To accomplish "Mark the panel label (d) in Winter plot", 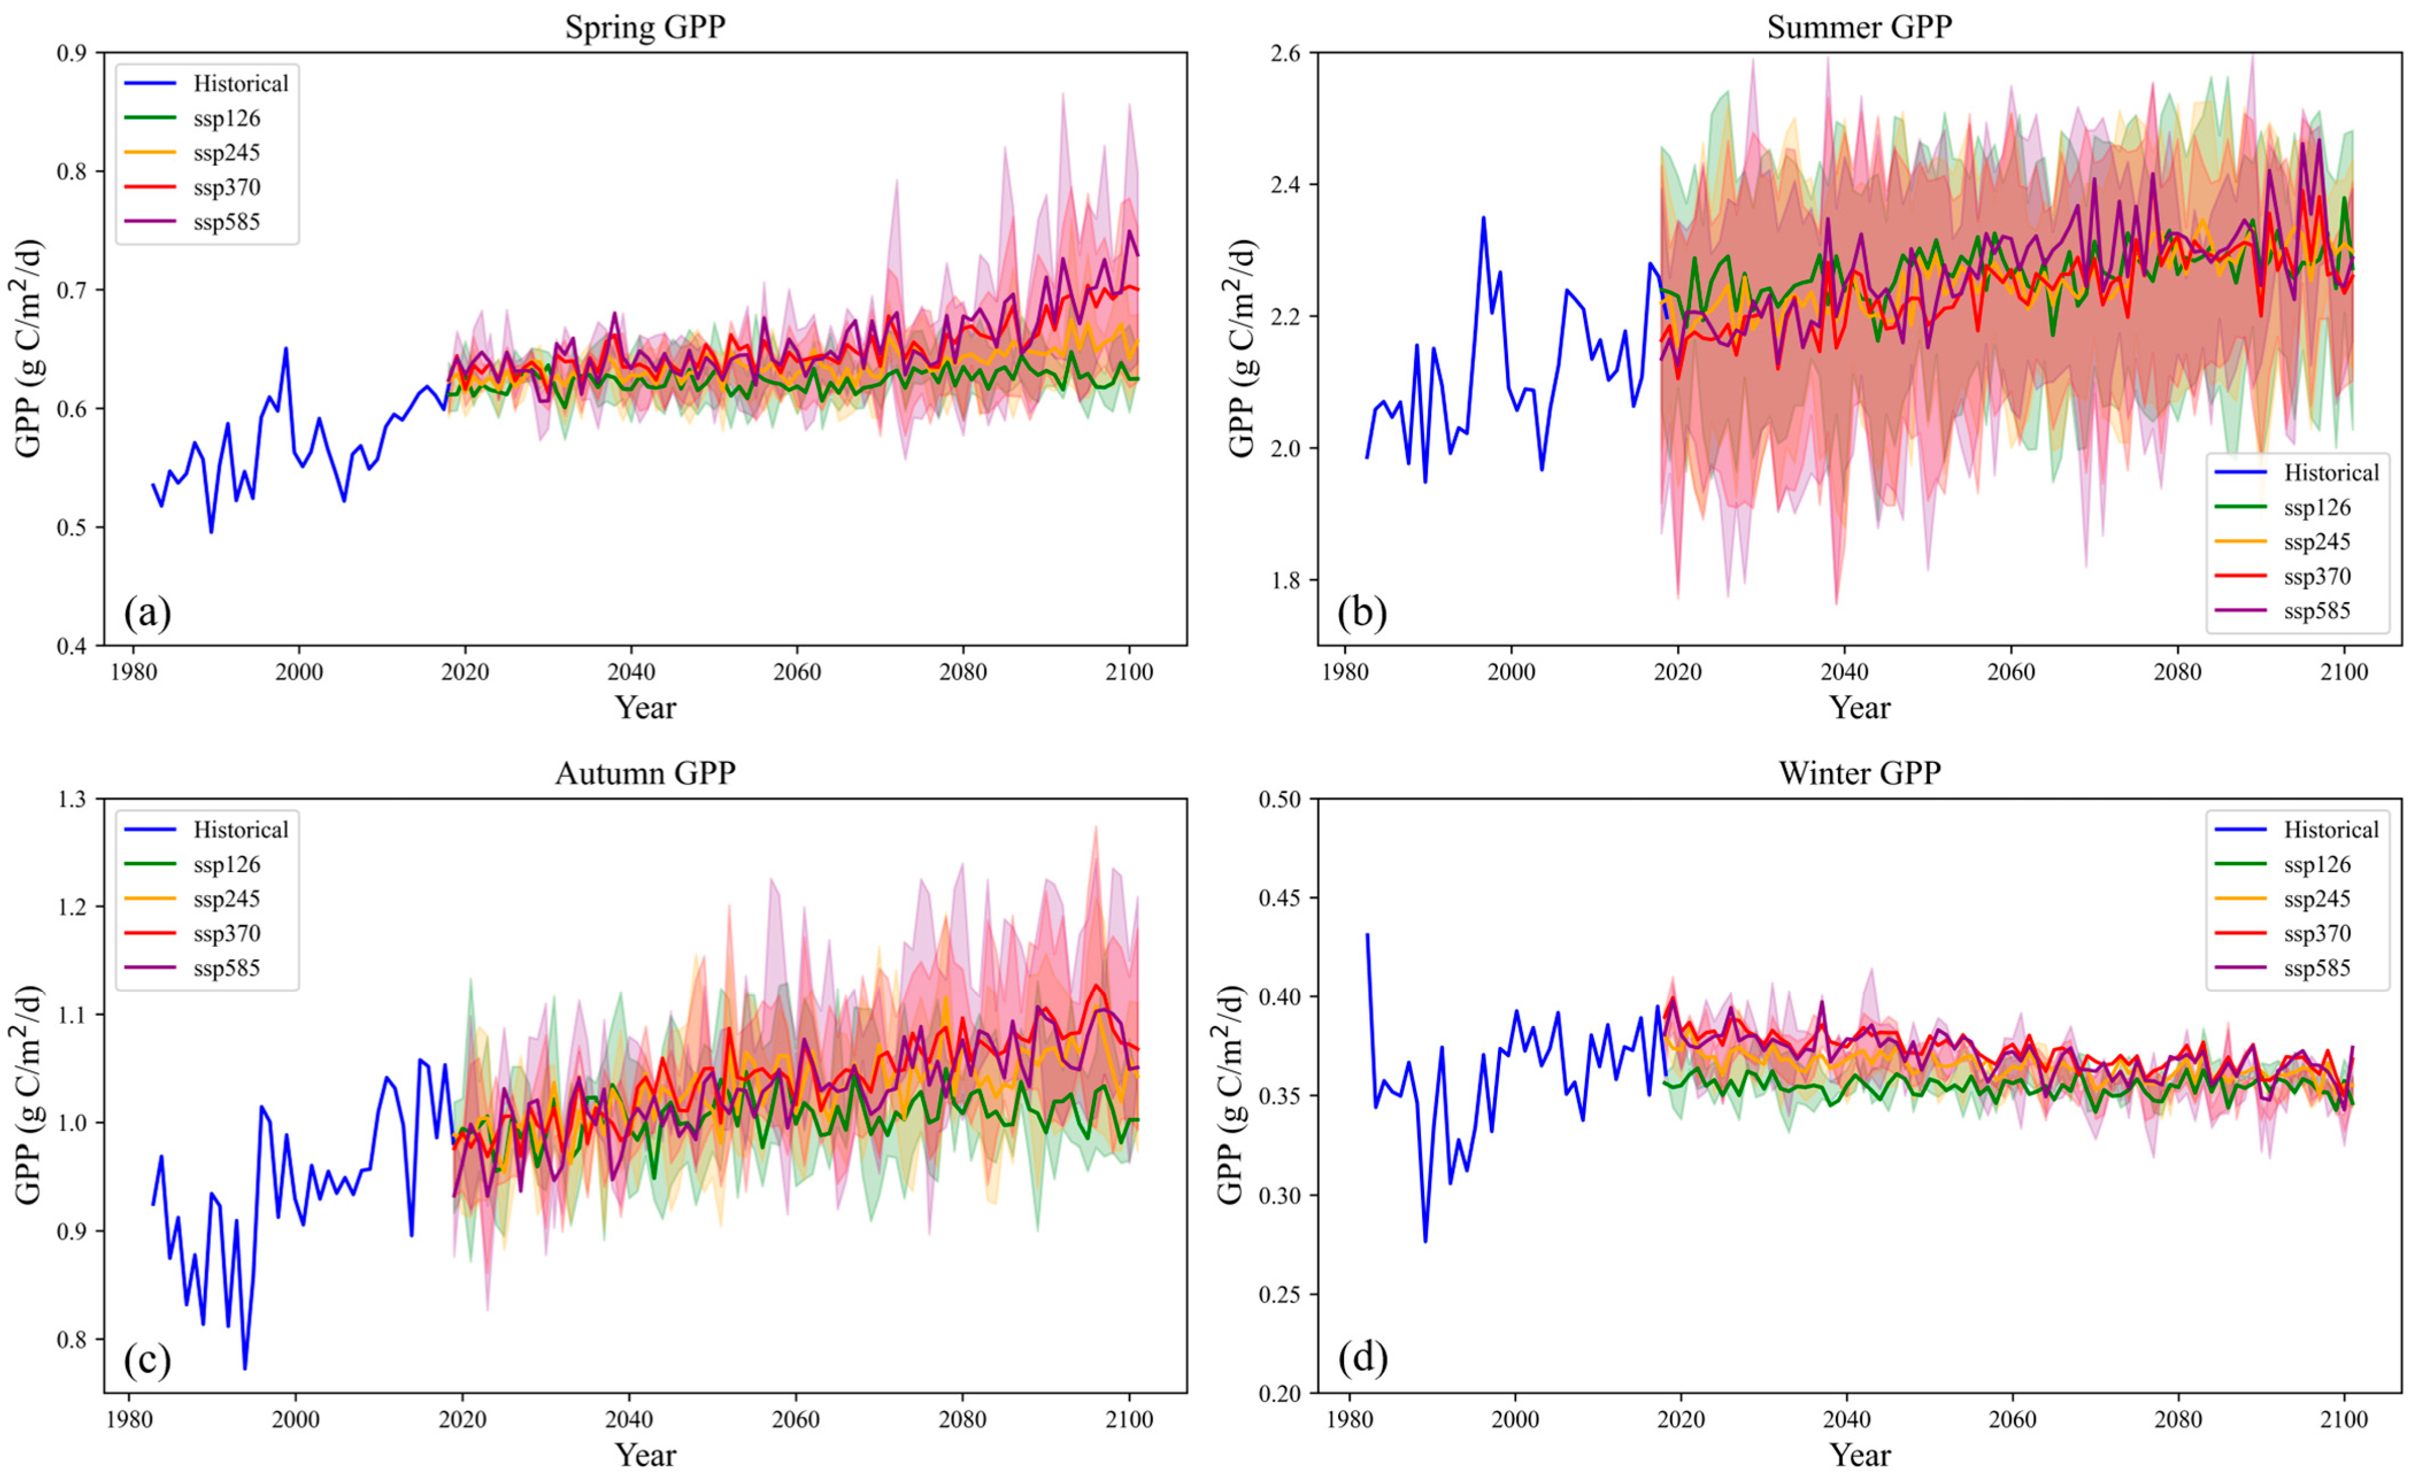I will coord(1362,1358).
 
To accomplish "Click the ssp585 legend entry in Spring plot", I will coord(226,222).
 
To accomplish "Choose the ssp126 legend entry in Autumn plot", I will coord(226,864).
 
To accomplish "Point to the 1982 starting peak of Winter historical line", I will coord(1367,935).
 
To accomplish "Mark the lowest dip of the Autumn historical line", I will coord(244,1368).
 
